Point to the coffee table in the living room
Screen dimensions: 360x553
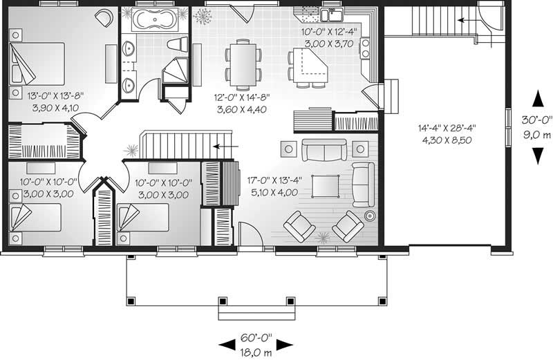[x=326, y=185]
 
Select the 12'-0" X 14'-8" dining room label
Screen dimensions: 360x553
[x=241, y=104]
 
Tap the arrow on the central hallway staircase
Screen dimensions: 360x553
[x=222, y=146]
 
